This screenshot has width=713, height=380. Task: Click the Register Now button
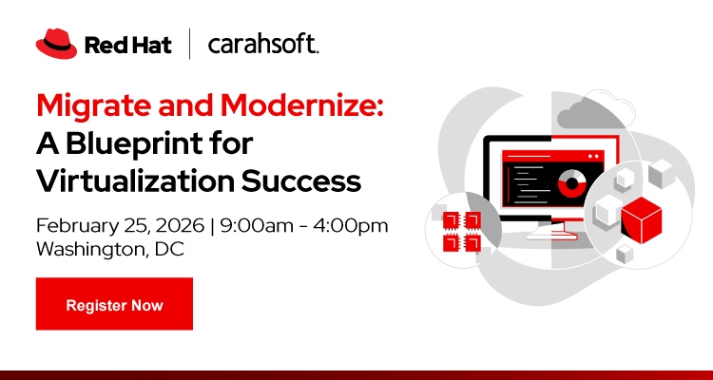click(114, 305)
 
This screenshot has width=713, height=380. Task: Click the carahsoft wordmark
click(263, 45)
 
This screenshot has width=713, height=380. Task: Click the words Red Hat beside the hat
click(128, 45)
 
